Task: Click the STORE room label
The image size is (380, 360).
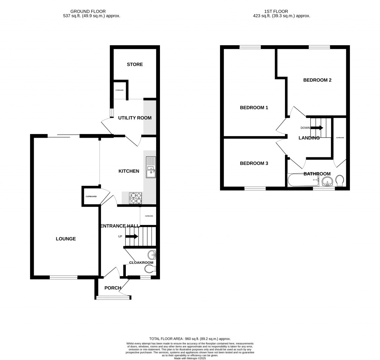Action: [135, 65]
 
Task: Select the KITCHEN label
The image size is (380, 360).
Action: [129, 171]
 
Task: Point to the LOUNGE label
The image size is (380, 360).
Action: [66, 239]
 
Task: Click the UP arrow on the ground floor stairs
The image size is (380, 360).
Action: [132, 236]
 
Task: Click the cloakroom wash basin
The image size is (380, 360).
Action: [152, 255]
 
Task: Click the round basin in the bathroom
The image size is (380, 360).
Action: [327, 181]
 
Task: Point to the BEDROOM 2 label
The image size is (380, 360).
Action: [317, 80]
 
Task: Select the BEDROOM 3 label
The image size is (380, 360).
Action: [254, 163]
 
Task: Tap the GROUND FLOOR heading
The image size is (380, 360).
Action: [91, 11]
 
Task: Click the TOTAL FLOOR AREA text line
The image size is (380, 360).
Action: [190, 338]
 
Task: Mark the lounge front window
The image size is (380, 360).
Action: [64, 277]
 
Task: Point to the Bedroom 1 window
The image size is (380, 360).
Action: [250, 47]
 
